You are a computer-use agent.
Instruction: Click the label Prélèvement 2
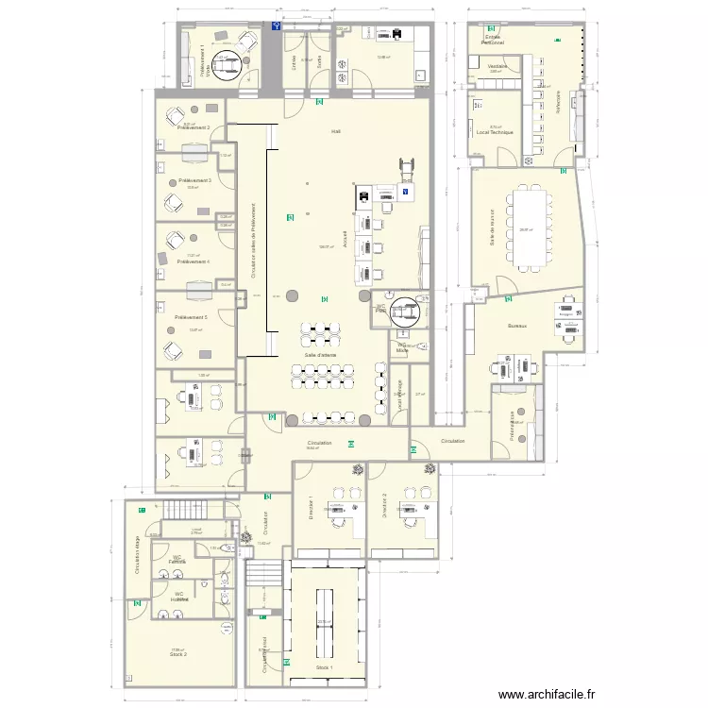tap(193, 128)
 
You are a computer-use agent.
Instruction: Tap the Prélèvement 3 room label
tap(194, 180)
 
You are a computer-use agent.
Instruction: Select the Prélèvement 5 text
tap(192, 317)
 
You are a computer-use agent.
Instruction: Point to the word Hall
tap(335, 131)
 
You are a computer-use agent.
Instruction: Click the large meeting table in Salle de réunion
tap(527, 226)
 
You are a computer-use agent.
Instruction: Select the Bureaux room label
tap(516, 325)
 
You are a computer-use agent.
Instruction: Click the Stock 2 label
tap(177, 653)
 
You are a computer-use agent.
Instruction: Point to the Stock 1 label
tap(325, 667)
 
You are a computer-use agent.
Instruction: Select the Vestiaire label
tap(497, 67)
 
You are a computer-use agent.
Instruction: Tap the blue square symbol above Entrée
tap(276, 27)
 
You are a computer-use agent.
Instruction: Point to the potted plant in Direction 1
tap(357, 469)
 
